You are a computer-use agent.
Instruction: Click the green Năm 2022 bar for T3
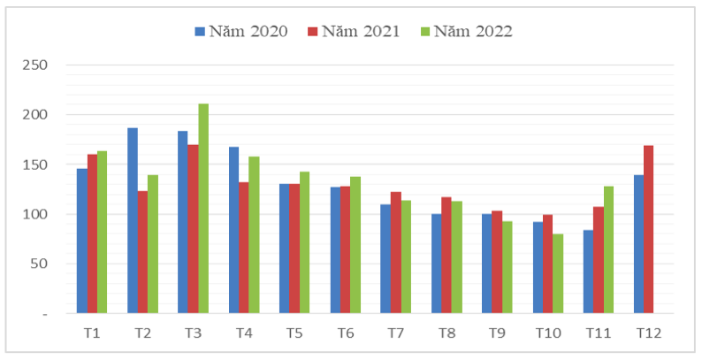tap(203, 209)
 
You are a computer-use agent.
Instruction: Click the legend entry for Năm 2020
tap(241, 32)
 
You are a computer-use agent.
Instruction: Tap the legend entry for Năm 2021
tap(354, 32)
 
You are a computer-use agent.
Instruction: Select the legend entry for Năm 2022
tap(467, 32)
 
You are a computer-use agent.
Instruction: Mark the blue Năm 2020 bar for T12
tap(638, 244)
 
